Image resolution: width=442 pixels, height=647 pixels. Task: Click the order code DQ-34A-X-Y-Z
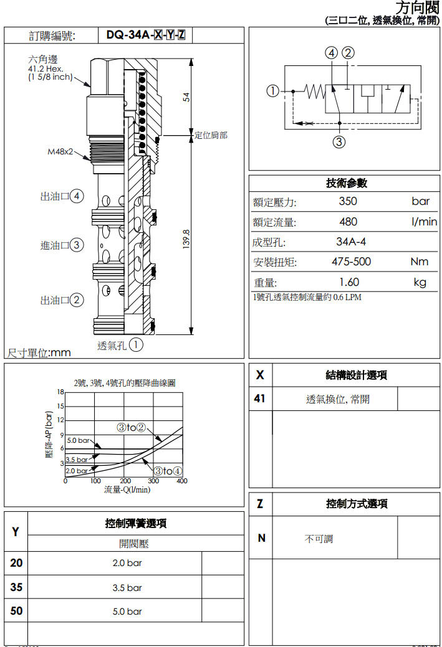tap(145, 35)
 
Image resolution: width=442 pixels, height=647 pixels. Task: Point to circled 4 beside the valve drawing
tap(77, 196)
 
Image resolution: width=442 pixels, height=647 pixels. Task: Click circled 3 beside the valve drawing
tap(77, 245)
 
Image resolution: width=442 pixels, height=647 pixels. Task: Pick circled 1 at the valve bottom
tap(137, 344)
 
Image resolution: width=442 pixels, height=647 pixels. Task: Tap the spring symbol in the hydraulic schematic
tap(315, 92)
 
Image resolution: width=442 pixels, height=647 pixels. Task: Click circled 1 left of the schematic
tap(272, 91)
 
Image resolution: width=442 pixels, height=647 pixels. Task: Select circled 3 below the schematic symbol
tap(339, 141)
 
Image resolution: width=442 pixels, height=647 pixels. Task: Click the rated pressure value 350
tap(348, 201)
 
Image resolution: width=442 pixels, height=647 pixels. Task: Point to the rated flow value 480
tap(348, 222)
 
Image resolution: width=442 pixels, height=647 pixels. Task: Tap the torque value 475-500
tap(351, 262)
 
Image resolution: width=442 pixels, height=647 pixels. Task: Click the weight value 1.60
tap(348, 282)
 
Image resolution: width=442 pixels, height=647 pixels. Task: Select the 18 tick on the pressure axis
tap(60, 392)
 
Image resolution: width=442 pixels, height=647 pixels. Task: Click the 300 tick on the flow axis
tap(153, 481)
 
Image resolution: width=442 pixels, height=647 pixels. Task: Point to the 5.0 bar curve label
tap(79, 440)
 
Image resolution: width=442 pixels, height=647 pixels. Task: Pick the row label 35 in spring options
tap(16, 587)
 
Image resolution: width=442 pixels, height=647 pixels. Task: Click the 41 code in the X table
tap(260, 399)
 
